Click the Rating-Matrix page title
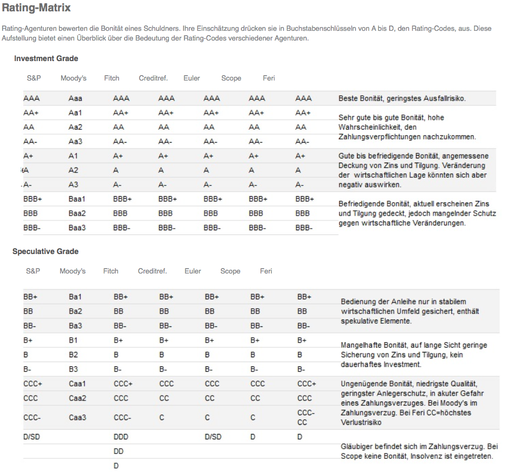[x=36, y=9]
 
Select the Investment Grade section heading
[x=46, y=58]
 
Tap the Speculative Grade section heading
[x=45, y=251]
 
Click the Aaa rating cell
[x=76, y=98]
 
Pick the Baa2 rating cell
[x=77, y=213]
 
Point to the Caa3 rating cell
[x=77, y=417]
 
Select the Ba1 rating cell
[x=76, y=297]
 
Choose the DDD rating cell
[x=121, y=437]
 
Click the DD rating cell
[x=119, y=451]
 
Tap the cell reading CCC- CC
[x=306, y=417]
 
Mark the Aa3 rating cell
[x=76, y=142]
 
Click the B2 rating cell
[x=74, y=355]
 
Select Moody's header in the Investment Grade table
[x=74, y=78]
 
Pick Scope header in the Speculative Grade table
[x=230, y=271]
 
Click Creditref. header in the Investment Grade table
[x=153, y=78]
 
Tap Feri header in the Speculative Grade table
[x=266, y=271]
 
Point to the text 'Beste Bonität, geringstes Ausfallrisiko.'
[x=402, y=98]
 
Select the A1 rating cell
[x=74, y=156]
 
